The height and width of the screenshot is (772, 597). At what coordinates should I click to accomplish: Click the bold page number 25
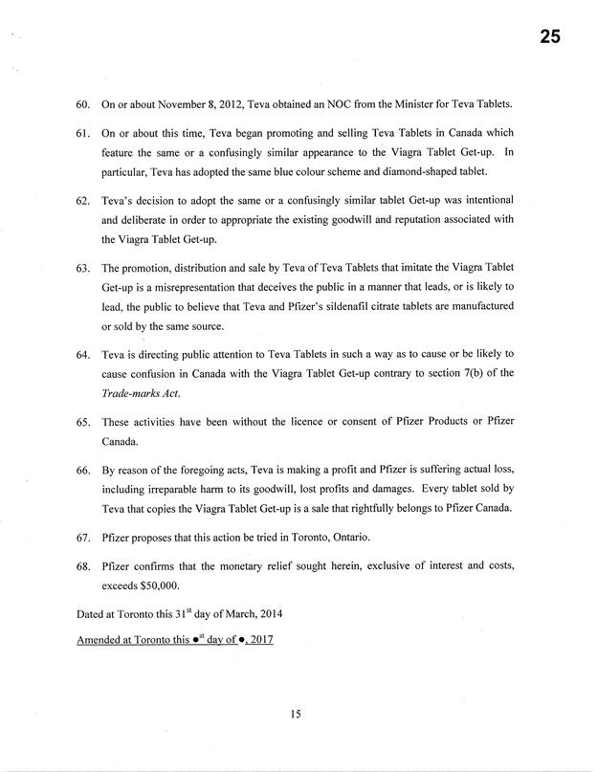click(548, 37)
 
